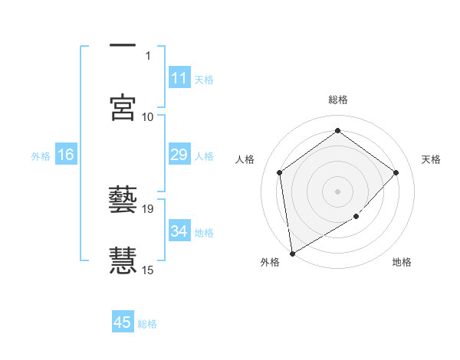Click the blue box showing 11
pyautogui.click(x=179, y=78)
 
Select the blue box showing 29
pyautogui.click(x=179, y=155)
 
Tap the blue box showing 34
pyautogui.click(x=179, y=231)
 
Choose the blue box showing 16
pyautogui.click(x=66, y=155)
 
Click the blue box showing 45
pyautogui.click(x=123, y=322)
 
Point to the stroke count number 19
pyautogui.click(x=148, y=208)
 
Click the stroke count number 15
pyautogui.click(x=148, y=270)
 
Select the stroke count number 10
pyautogui.click(x=148, y=116)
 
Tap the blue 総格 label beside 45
pyautogui.click(x=147, y=324)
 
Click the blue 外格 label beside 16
pyautogui.click(x=41, y=156)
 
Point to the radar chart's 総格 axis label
pyautogui.click(x=338, y=100)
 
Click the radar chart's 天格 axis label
pyautogui.click(x=432, y=159)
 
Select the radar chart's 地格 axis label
pyautogui.click(x=402, y=263)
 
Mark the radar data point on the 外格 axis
pyautogui.click(x=291, y=254)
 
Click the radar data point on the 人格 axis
pyautogui.click(x=280, y=172)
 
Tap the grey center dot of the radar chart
pyautogui.click(x=338, y=191)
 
